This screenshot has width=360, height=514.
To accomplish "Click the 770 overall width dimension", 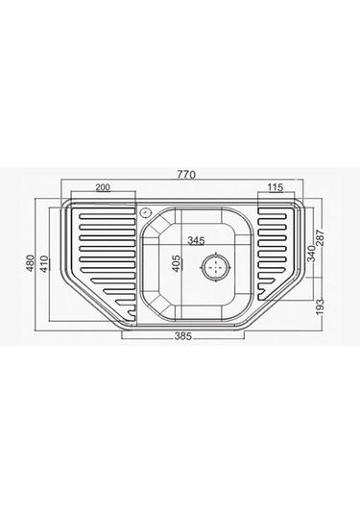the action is (x=186, y=175).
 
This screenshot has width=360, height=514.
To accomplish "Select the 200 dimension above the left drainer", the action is (x=103, y=187).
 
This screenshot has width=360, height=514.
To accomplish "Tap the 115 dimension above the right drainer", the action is (x=276, y=187).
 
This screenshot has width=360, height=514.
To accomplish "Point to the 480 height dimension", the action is (x=30, y=263).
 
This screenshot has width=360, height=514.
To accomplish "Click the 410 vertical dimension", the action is (x=44, y=264).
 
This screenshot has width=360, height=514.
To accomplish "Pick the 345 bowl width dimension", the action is (x=196, y=240).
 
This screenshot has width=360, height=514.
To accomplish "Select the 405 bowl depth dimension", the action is (x=177, y=263).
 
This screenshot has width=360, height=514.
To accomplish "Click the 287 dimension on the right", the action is (x=320, y=238).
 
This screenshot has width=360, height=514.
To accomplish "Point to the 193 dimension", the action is (x=321, y=306).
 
